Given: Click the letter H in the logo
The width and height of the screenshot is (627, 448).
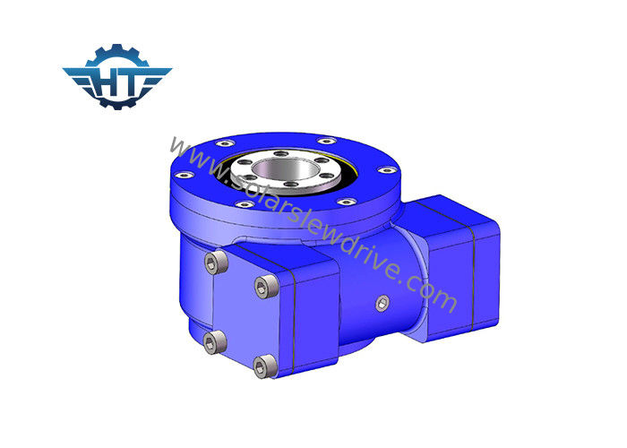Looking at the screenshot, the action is pos(107,82).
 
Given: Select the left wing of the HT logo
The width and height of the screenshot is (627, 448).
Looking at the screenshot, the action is pos(78,77).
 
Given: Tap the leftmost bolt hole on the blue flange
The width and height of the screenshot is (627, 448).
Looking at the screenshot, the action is pos(185,175).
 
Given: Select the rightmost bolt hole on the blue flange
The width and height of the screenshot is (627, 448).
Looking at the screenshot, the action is pos(387,170).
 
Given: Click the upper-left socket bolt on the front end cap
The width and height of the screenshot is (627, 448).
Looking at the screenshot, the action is pos(216,263).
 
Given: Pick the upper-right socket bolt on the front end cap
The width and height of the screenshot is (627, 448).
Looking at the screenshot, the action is pos(266,287).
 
